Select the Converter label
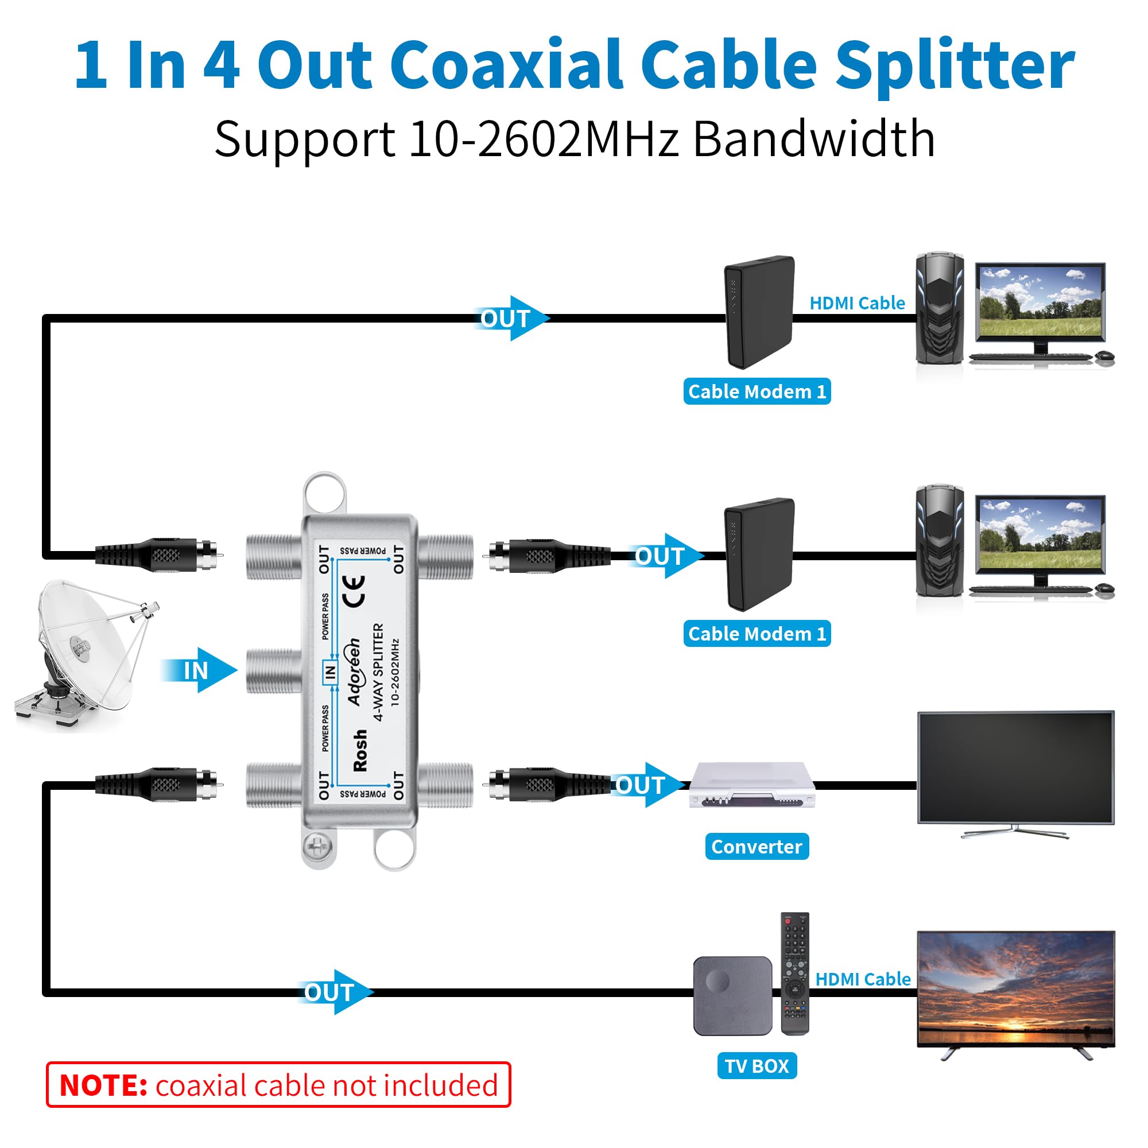[757, 846]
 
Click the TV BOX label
[757, 1065]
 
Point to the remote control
[794, 974]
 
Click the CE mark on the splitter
[354, 591]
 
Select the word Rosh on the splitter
[360, 751]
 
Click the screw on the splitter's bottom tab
[317, 846]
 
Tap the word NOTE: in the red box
[103, 1085]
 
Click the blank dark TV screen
[1015, 766]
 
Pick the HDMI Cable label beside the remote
[863, 979]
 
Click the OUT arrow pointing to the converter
[646, 785]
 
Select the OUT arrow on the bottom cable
[333, 992]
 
